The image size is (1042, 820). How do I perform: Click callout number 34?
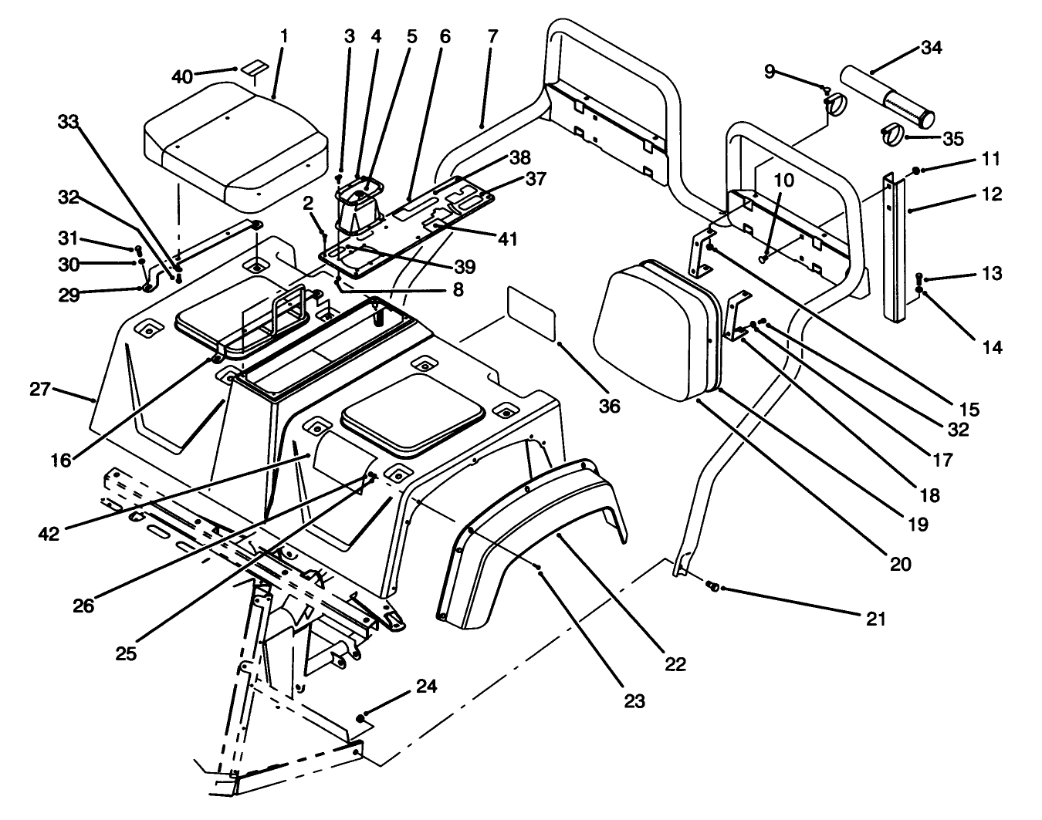pos(932,48)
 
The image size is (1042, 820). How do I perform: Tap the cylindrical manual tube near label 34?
pos(888,97)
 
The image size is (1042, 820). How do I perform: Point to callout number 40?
pos(182,77)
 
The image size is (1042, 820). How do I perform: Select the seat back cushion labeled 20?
pos(656,332)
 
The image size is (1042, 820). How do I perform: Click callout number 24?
pos(427,686)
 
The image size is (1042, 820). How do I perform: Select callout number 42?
pos(49,533)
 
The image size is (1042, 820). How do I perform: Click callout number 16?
pos(61,460)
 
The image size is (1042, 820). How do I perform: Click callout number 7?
pos(493,36)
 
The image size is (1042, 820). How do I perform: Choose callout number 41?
pos(506,238)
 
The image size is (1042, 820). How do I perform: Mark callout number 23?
pos(634,701)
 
